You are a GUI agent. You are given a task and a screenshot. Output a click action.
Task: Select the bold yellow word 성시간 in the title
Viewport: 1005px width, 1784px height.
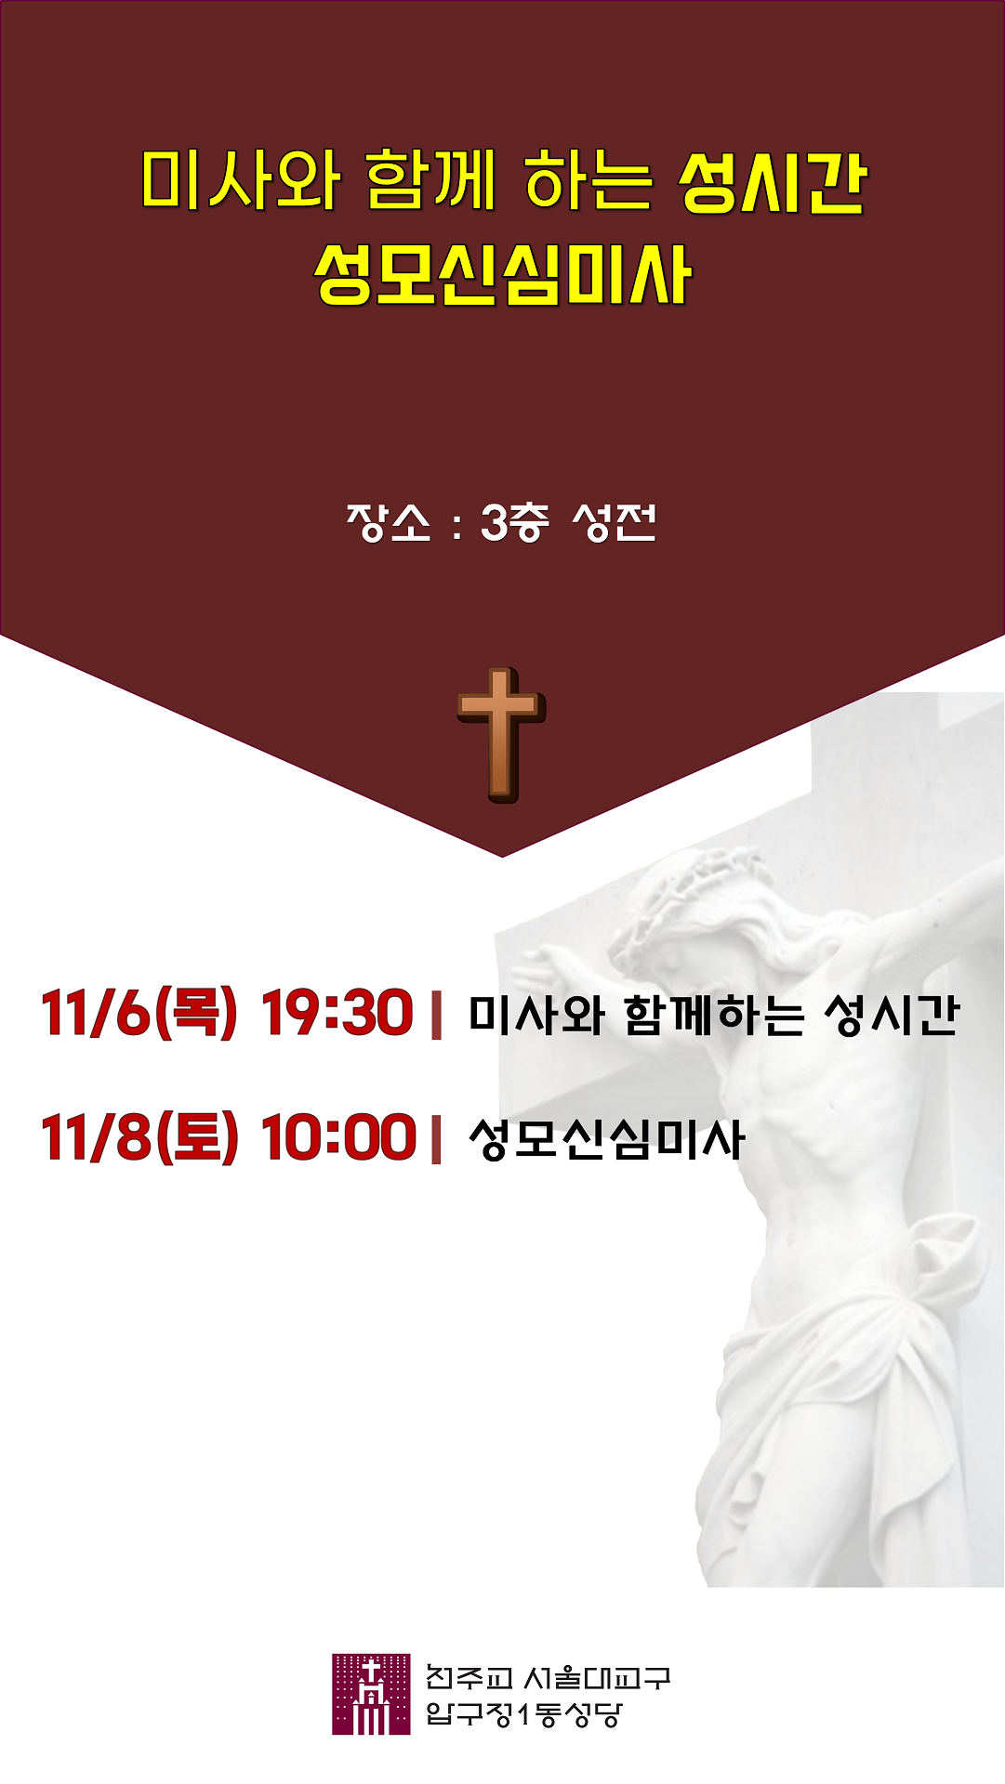(774, 181)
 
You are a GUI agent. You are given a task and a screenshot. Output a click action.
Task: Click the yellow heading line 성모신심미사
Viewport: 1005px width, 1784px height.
(502, 275)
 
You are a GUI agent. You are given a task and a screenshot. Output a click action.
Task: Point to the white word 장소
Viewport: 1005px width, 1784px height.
(389, 523)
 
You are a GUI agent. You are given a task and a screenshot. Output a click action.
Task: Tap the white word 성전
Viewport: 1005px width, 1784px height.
(615, 523)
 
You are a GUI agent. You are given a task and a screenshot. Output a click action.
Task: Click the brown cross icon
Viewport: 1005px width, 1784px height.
(501, 735)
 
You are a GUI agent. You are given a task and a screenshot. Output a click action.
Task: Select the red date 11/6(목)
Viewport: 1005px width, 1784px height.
(139, 1013)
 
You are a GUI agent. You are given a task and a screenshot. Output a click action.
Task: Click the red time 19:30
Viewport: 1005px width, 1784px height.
(337, 1013)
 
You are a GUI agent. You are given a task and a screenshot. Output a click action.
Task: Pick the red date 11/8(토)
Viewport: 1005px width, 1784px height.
(139, 1137)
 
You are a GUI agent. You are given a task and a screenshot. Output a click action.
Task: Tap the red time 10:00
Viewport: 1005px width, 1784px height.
(338, 1137)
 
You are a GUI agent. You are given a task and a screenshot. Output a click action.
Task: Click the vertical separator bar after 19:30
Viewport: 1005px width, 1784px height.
(436, 1014)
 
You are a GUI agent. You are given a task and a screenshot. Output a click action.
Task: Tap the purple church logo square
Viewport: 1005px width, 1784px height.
(371, 1694)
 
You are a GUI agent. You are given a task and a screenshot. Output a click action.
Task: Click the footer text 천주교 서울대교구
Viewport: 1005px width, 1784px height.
(548, 1677)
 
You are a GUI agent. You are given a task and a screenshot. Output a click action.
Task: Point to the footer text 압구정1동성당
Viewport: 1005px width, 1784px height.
(522, 1713)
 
